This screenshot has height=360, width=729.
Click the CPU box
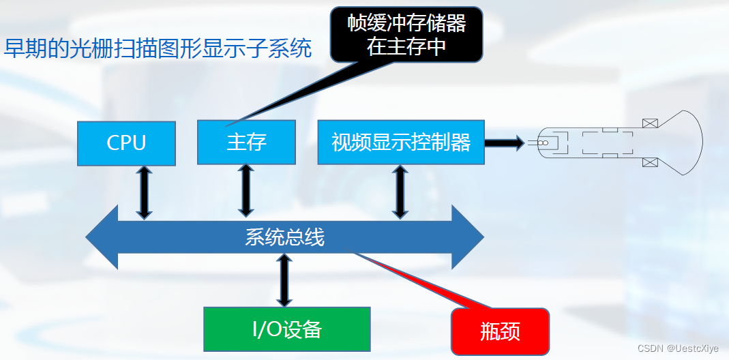click(126, 142)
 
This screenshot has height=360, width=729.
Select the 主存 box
click(246, 142)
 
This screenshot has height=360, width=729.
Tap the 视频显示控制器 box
click(401, 142)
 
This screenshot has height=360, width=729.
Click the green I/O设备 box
click(287, 329)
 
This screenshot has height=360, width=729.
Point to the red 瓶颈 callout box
click(500, 331)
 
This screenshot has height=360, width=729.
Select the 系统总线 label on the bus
click(284, 237)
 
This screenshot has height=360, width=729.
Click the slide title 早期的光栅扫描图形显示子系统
click(158, 48)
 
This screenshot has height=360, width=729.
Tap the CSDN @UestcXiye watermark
click(678, 348)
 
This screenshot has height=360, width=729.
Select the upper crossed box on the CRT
click(650, 123)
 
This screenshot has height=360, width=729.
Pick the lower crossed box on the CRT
click(650, 162)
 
